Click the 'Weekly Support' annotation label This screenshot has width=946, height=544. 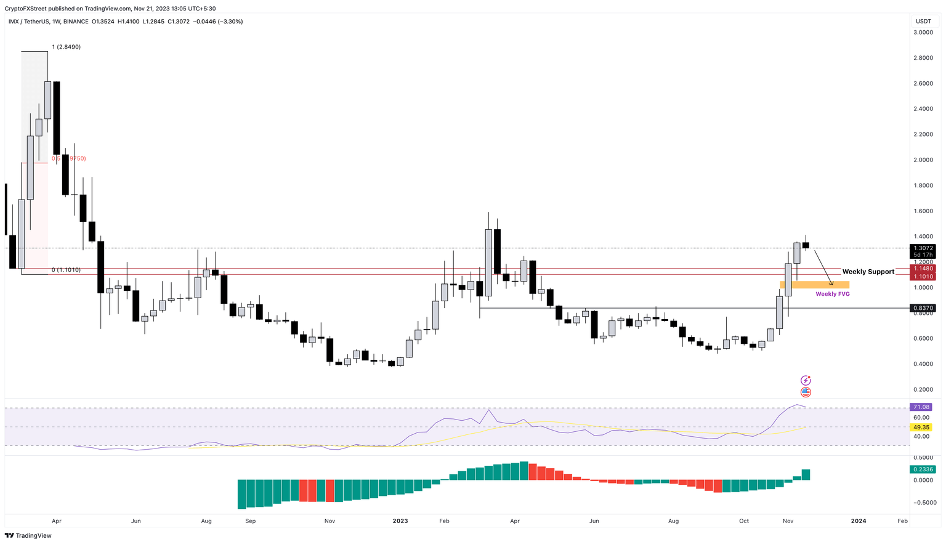tap(868, 272)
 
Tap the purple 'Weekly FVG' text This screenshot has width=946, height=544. tap(833, 294)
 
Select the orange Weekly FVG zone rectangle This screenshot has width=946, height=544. tap(814, 285)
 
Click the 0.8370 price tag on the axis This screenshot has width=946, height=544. tap(923, 308)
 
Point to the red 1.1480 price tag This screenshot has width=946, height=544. tap(923, 269)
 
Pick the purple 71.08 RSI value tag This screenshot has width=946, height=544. tap(921, 407)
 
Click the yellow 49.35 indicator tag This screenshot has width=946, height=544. tap(921, 427)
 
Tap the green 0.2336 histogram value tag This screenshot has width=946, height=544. tap(923, 469)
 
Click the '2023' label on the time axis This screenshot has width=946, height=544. tap(400, 521)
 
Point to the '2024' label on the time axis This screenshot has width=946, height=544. tap(859, 521)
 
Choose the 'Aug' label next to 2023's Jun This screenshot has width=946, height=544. tap(674, 521)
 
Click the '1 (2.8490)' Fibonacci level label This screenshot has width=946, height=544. tap(67, 47)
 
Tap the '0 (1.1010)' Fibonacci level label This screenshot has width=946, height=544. tap(66, 270)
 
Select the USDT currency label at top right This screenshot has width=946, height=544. tap(923, 21)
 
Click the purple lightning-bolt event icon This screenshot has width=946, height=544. tap(806, 381)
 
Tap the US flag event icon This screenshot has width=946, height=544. tap(806, 392)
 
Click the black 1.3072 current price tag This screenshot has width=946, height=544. tap(923, 248)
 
